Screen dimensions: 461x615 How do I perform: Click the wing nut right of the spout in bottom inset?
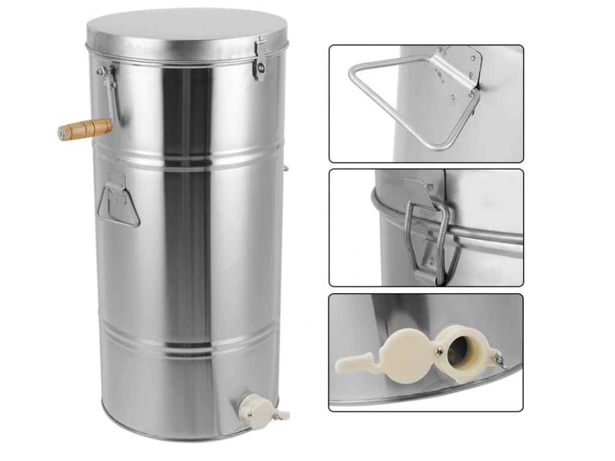tap(497, 358)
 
